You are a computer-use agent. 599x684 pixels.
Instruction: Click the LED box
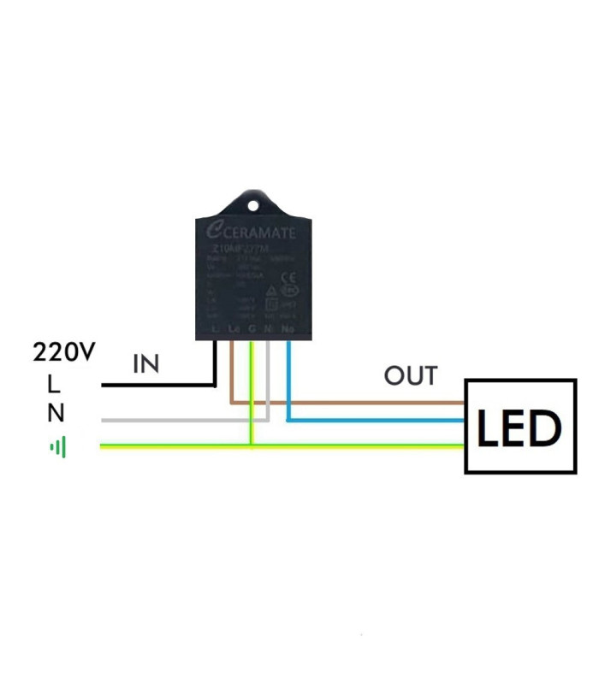pos(520,426)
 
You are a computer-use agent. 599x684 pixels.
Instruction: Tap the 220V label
pos(65,351)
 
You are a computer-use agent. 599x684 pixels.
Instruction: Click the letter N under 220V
pos(56,414)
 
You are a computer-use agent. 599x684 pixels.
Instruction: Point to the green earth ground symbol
pos(58,446)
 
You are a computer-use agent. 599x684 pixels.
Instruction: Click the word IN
pos(145,364)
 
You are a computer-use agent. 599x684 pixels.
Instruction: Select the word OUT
pos(411,376)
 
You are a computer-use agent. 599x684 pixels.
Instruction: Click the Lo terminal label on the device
pos(234,329)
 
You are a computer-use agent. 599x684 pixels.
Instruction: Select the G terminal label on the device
pos(251,329)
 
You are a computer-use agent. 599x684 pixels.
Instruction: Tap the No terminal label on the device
pos(288,329)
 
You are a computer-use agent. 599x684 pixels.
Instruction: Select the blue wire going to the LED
pos(377,420)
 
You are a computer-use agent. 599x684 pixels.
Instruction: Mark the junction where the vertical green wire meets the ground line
pos(251,445)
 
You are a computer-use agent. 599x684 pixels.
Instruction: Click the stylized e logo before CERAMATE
pos(213,229)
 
